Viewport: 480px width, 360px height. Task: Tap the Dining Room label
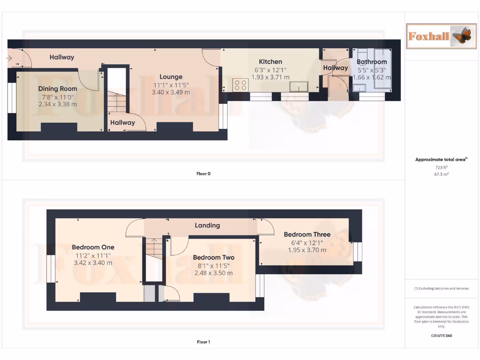58,89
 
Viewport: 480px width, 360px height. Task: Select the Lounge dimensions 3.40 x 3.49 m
171,92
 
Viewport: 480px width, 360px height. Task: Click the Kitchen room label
270,61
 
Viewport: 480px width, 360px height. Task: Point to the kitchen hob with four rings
241,85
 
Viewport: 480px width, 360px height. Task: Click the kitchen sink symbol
298,86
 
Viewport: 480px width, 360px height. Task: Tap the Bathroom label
372,61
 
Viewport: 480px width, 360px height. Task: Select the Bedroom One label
93,247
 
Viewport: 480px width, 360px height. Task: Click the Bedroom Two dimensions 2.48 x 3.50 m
213,273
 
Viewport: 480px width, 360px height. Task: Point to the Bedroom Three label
307,234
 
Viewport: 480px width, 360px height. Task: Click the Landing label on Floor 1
207,225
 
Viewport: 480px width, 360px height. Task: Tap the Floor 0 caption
203,173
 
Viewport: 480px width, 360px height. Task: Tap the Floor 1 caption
203,342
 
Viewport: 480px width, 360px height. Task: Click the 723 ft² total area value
441,167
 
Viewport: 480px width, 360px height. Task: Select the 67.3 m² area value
441,173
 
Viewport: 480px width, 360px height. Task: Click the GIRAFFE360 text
441,336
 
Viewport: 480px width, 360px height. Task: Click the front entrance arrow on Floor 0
9,58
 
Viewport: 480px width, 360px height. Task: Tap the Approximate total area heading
441,160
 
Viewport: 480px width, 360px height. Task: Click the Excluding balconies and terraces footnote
441,288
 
